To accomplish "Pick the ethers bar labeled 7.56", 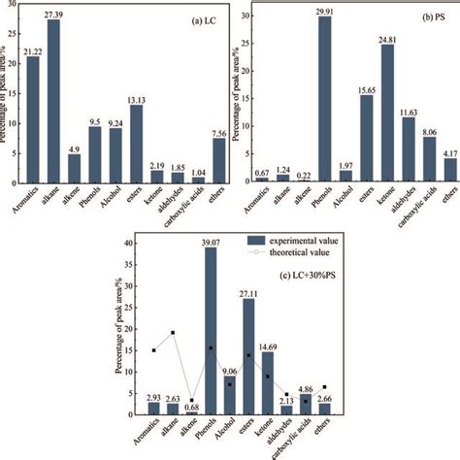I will point(219,161).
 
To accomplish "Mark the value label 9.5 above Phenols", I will point(94,122).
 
